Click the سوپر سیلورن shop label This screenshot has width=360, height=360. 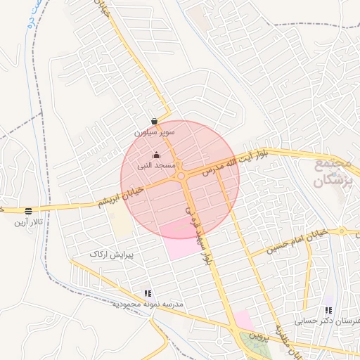point(154,132)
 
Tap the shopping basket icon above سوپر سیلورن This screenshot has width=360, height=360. point(154,121)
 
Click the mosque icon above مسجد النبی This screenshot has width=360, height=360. point(156,155)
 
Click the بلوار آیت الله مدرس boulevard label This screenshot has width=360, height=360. point(226,162)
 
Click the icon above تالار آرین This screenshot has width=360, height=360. point(28,210)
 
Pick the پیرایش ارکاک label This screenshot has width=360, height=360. point(112,252)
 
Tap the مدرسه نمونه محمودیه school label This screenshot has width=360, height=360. point(147,304)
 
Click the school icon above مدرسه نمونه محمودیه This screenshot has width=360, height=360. point(148,293)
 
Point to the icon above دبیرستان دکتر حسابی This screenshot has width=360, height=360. point(328,310)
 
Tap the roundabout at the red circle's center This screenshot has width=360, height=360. point(181,176)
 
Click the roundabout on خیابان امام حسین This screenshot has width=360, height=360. point(342,231)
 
